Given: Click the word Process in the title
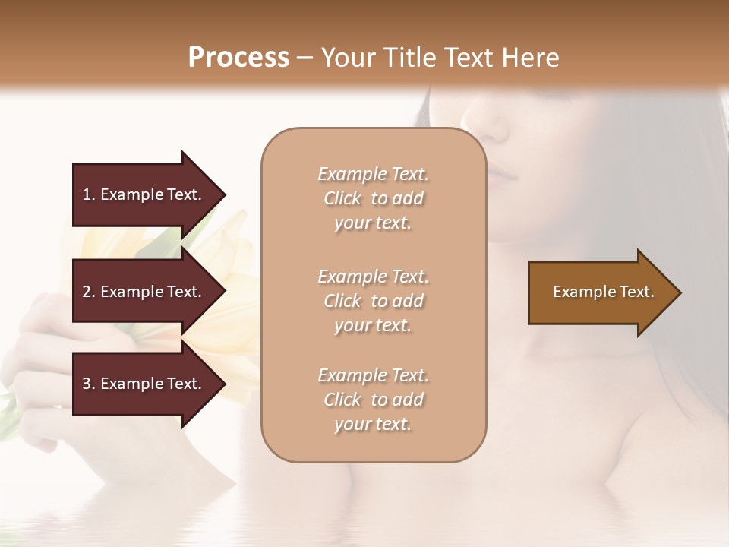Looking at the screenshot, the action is (x=238, y=57).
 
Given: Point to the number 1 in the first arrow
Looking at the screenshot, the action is (x=87, y=194).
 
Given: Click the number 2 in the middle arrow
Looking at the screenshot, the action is (x=87, y=292).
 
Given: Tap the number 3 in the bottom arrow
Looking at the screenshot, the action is (x=87, y=384).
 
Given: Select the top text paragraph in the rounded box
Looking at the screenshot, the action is (x=373, y=198).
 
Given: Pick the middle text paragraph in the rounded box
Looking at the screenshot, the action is (x=373, y=301).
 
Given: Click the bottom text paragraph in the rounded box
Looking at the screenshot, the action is (x=373, y=400).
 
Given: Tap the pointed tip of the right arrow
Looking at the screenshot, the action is (x=680, y=292).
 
